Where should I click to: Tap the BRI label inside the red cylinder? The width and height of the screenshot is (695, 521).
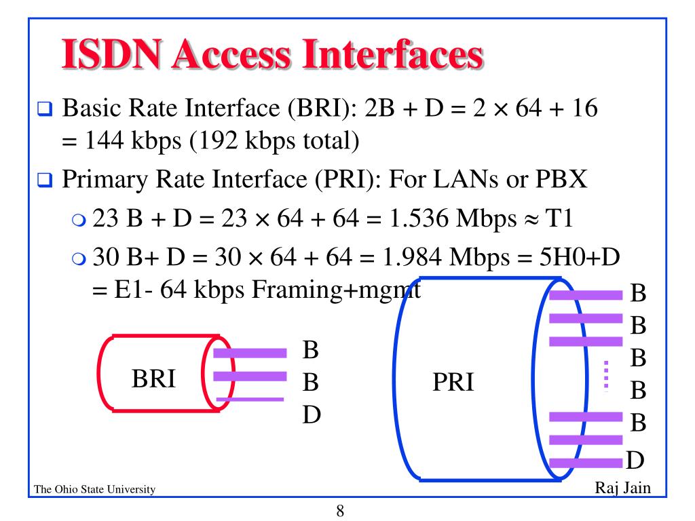coord(153,379)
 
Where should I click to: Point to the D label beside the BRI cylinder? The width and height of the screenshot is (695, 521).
coord(311,414)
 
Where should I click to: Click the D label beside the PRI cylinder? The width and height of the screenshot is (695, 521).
coord(634,461)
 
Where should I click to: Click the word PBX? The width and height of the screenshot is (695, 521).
coord(568,181)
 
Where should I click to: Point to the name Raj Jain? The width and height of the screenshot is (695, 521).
coord(622,488)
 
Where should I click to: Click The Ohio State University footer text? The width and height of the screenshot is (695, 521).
coord(94,490)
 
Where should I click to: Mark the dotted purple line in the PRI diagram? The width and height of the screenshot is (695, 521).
coord(606,376)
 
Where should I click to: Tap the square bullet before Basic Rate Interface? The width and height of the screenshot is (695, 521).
coord(45,109)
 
